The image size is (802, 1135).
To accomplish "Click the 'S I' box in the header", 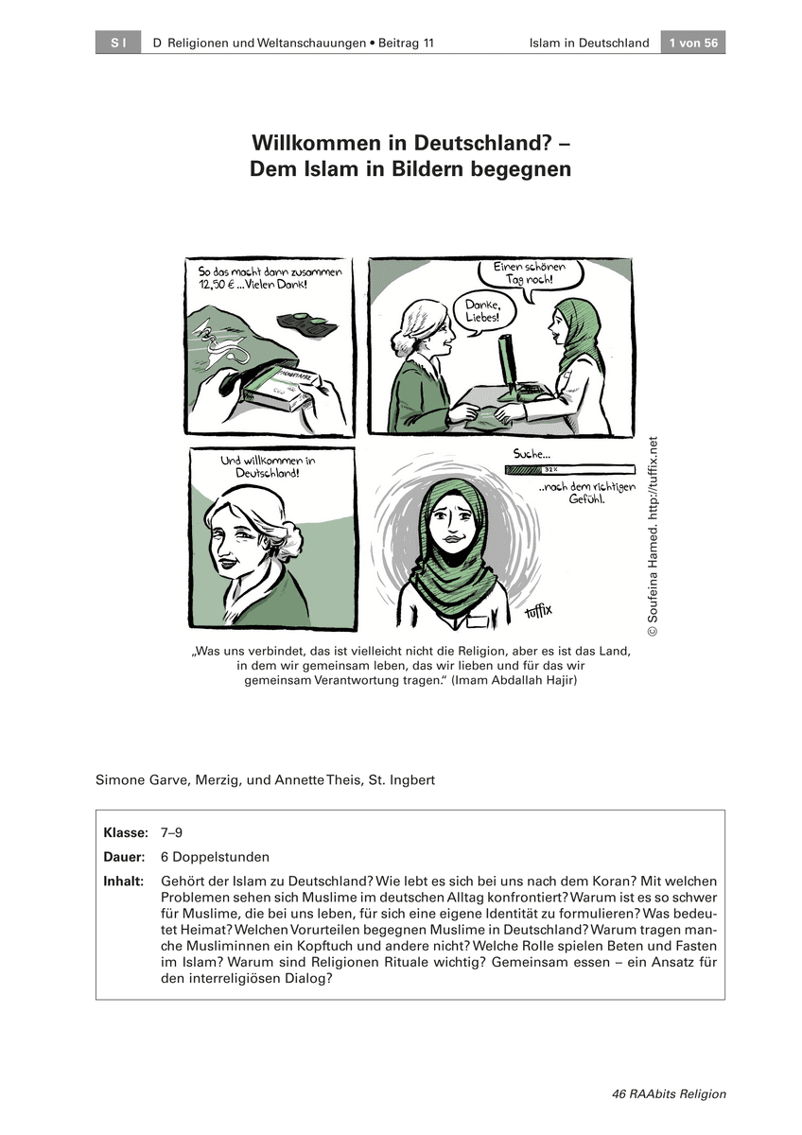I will (x=118, y=43).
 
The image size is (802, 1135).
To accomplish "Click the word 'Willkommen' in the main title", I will (x=320, y=144).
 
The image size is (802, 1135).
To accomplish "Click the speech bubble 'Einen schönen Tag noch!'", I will (x=534, y=274).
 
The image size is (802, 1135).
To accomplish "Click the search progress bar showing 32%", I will (x=569, y=468).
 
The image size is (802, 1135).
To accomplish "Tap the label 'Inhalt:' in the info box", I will (x=124, y=882).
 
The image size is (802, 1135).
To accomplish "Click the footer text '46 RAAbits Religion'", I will (x=669, y=1093).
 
